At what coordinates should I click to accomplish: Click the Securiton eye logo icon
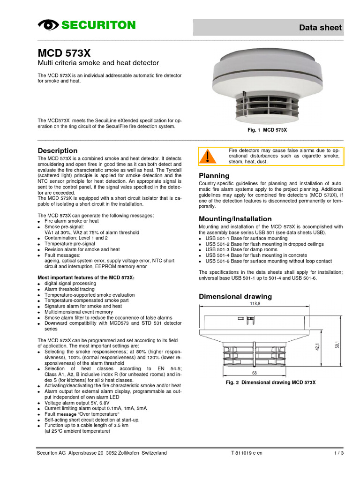[x=47, y=25]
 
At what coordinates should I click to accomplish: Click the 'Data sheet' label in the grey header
[x=321, y=28]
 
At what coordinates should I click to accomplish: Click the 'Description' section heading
[x=57, y=150]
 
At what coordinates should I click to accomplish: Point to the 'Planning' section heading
[x=214, y=176]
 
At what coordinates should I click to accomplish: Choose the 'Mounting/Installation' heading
[x=235, y=219]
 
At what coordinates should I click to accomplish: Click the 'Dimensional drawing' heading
[x=235, y=296]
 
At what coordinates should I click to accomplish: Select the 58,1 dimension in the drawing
[x=338, y=345]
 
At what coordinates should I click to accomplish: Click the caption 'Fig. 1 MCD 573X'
[x=267, y=129]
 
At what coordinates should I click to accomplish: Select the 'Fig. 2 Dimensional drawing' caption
[x=271, y=382]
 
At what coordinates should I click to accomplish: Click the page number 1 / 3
[x=338, y=453]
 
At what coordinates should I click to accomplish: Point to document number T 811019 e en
[x=247, y=453]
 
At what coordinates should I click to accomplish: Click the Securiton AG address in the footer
[x=101, y=453]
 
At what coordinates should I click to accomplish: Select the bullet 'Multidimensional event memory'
[x=78, y=312]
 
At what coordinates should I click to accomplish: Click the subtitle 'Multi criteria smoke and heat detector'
[x=98, y=63]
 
